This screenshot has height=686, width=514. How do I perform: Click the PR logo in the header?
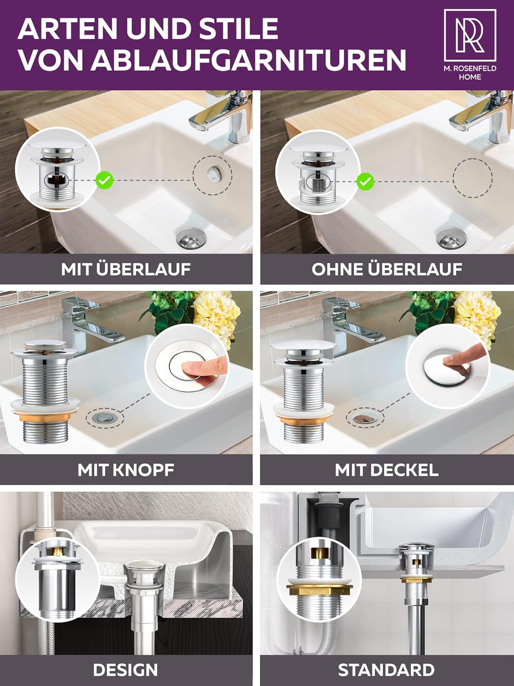(470, 35)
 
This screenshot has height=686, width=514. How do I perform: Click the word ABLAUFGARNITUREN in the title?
(249, 59)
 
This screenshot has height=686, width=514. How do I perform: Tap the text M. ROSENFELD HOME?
(470, 73)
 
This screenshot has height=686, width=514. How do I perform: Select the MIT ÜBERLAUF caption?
(126, 269)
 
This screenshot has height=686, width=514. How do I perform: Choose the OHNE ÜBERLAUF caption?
(387, 269)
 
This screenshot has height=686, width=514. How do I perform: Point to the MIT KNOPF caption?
(126, 470)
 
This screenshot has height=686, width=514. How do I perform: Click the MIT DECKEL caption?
(387, 470)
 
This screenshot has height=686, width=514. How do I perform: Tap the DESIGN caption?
(126, 670)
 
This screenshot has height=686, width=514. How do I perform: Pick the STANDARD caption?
(387, 670)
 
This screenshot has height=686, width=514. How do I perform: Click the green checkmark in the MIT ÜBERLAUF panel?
(104, 180)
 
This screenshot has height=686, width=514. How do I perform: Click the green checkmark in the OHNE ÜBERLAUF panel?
(365, 181)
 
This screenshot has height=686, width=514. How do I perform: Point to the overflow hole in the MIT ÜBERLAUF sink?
(213, 173)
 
